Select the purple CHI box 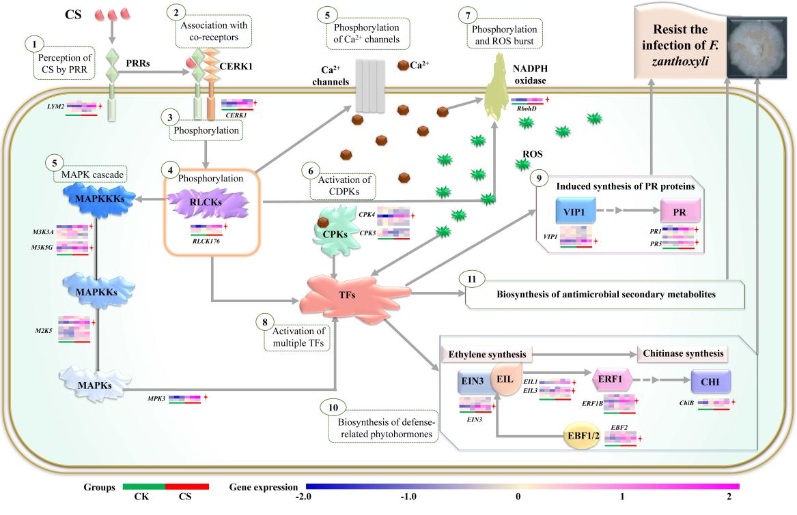[710, 381]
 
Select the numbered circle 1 [31, 44]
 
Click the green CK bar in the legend [144, 487]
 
